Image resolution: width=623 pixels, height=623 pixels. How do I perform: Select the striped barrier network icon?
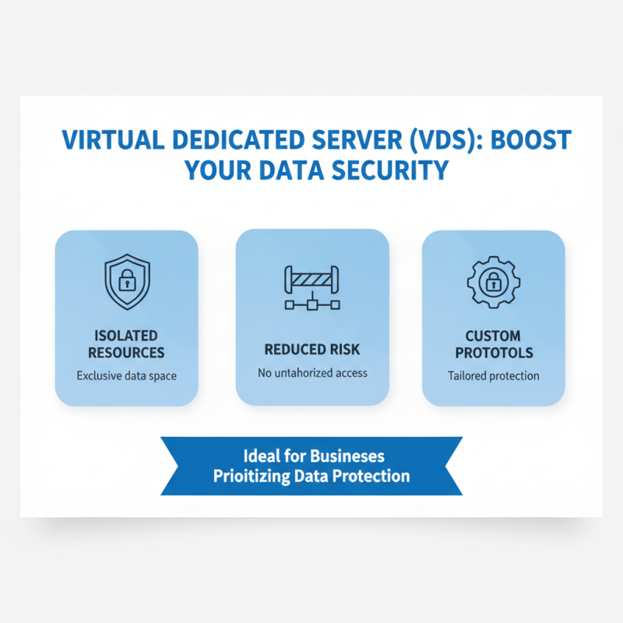(x=312, y=289)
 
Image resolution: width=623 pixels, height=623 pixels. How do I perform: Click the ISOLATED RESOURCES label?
(x=126, y=344)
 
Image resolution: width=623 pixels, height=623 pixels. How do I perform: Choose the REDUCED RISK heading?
(x=312, y=350)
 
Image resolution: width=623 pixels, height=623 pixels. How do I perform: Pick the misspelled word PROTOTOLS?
(x=493, y=353)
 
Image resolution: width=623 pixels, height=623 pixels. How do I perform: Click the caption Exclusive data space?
(x=126, y=375)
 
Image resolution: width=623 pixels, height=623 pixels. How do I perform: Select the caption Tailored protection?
(x=493, y=375)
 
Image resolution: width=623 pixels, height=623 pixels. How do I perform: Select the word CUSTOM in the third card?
(x=493, y=336)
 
